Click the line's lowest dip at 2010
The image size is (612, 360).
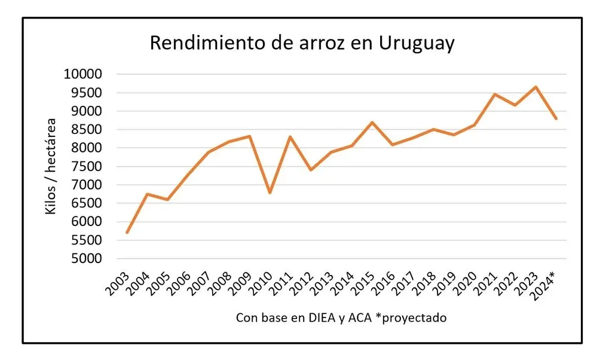270,193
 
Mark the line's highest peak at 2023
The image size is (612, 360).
536,87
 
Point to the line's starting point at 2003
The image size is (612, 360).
127,233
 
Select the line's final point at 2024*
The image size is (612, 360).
556,118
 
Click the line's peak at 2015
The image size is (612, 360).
372,123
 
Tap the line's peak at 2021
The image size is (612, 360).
495,94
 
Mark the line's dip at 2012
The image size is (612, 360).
311,170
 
